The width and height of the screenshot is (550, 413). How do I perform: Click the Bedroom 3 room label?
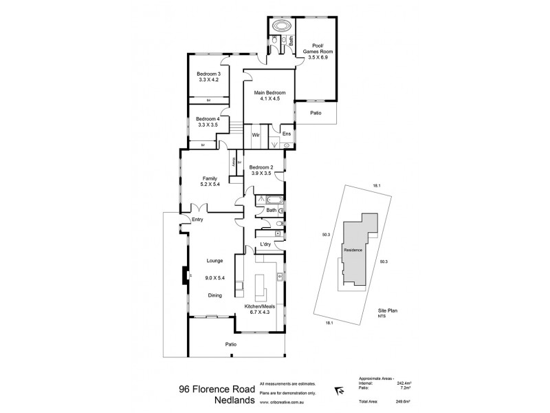(208, 74)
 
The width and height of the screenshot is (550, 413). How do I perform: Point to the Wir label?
(255, 134)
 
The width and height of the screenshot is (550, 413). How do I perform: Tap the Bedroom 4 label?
(208, 118)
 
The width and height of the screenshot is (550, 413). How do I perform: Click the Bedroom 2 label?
(261, 167)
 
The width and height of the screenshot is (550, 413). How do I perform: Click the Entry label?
(198, 220)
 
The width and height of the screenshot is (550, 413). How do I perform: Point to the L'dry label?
(266, 245)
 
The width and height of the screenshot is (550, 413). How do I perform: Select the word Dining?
(215, 295)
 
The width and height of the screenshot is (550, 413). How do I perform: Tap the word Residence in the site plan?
(353, 250)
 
